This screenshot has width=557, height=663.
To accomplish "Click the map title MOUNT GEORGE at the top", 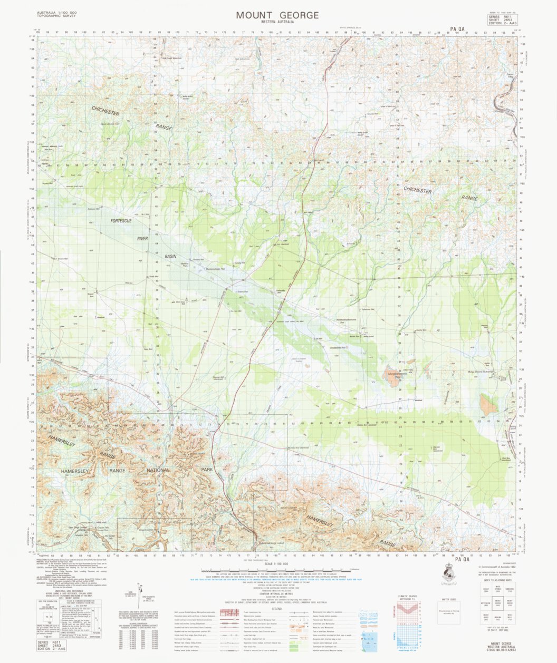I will (x=277, y=15).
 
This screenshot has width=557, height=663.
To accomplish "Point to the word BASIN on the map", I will (x=170, y=256).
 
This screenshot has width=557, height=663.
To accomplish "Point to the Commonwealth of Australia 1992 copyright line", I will (x=496, y=568).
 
